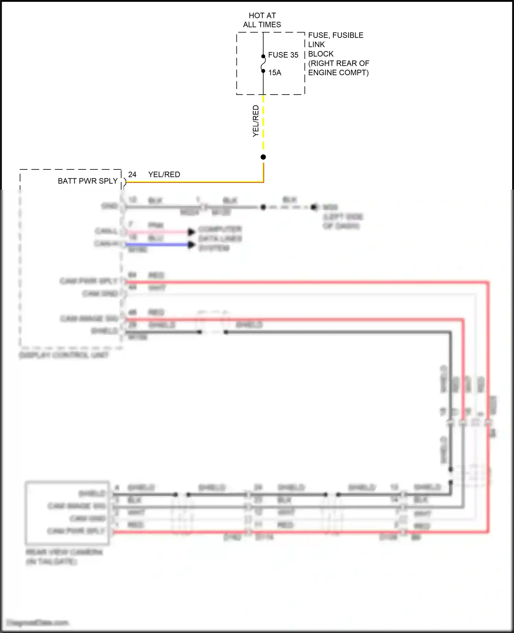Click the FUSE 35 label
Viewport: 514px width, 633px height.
coord(283,55)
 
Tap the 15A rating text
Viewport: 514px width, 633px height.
coord(274,73)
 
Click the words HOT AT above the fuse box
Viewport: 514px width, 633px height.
coord(262,15)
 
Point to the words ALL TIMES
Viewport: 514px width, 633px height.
coord(262,25)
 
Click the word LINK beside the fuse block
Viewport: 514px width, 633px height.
coord(316,45)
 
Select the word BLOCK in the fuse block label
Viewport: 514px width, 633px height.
coord(321,54)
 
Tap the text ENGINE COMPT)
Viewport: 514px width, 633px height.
coord(338,73)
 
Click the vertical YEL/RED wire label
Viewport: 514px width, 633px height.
coord(256,121)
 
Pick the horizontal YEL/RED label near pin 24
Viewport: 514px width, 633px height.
coord(164,175)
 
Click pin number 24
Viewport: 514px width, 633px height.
coord(132,175)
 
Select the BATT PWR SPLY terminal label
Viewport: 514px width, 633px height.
coord(87,181)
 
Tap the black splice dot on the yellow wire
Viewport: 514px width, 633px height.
coord(263,157)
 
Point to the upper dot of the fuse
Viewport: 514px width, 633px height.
coord(263,57)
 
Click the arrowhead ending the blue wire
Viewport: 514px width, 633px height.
coord(192,245)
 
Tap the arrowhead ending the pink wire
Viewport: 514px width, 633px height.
coord(192,232)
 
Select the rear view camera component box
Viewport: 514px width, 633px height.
coord(67,513)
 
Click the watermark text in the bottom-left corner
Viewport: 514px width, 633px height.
coord(38,622)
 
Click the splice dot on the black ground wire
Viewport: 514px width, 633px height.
coord(263,207)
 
